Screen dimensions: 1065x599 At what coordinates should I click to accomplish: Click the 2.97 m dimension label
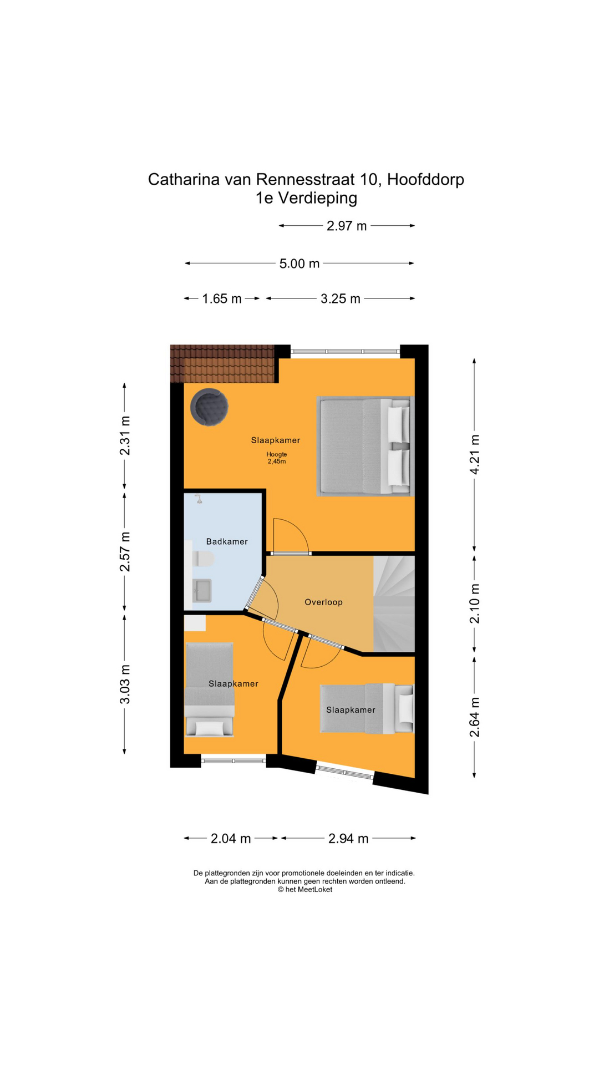tap(346, 226)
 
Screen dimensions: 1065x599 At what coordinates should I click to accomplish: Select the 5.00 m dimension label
tap(299, 263)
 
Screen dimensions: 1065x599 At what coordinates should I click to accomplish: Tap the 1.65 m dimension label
tap(221, 299)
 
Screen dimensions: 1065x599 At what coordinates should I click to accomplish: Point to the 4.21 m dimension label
tap(474, 454)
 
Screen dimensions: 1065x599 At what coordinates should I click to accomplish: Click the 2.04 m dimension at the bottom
tap(231, 838)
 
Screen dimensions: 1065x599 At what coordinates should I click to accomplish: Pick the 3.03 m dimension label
tap(125, 684)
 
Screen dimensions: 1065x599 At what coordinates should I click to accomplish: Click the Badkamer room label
tap(226, 541)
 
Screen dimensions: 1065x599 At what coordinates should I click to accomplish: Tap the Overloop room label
tap(323, 602)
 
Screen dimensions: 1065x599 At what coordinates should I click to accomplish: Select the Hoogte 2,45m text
tap(276, 458)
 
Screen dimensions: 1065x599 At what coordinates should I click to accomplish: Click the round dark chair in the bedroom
tap(209, 407)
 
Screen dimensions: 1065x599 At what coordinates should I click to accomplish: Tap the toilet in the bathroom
tap(203, 559)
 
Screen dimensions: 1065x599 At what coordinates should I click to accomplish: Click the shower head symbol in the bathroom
tap(199, 499)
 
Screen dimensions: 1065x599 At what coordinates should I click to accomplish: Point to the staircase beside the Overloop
tap(394, 603)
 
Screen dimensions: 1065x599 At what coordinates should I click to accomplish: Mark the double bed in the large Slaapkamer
tap(364, 445)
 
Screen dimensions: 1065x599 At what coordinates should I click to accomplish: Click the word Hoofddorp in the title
tap(425, 179)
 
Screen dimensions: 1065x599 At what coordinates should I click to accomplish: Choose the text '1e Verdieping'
tap(306, 198)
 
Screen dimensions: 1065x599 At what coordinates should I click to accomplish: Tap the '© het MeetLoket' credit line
tap(305, 889)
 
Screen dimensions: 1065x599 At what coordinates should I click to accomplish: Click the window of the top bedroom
tap(345, 351)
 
